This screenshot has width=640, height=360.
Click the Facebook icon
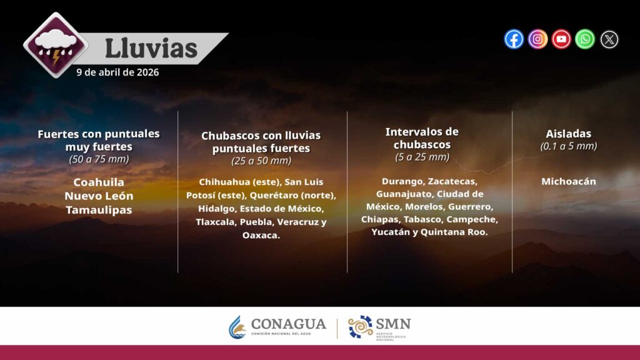pos(514,39)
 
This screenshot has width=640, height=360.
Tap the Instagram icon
pos(537,39)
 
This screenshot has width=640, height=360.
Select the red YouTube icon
pos(561,39)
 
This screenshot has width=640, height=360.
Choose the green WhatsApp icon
pos(585,39)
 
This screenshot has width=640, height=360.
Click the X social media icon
pos(609,39)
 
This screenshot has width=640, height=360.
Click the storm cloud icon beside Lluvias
pos(56,45)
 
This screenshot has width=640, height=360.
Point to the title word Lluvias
pos(151,49)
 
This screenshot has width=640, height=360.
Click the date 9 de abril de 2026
pos(117,72)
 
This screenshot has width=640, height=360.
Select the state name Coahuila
pos(99,182)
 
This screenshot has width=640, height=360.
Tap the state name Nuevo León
pos(99,196)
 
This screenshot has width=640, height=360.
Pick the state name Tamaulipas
pos(99,210)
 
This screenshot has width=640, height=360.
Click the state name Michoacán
pos(569,181)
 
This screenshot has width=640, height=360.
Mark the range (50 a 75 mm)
pos(99,159)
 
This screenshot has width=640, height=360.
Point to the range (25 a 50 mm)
pos(261,161)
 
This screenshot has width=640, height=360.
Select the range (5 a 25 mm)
pos(422,157)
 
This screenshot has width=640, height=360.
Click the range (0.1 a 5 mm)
pos(569,146)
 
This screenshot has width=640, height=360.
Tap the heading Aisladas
pos(569,134)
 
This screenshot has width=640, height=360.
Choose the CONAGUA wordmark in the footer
pos(289,324)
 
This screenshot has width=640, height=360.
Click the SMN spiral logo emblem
pos(361,327)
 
